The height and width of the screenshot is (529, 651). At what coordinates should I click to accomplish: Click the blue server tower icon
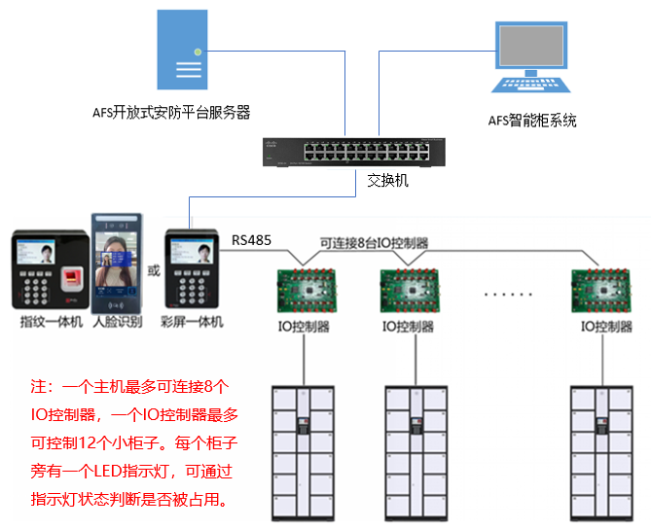click(x=182, y=51)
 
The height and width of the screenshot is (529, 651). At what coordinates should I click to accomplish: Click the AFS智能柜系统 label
click(x=532, y=121)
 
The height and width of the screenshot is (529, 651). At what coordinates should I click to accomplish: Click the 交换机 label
click(x=387, y=181)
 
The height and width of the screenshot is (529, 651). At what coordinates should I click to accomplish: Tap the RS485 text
click(x=252, y=238)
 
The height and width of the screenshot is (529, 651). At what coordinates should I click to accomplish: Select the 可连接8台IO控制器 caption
click(x=375, y=243)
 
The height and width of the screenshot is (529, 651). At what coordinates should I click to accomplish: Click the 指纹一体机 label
click(x=51, y=322)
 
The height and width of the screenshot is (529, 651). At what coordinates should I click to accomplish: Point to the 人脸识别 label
click(x=117, y=322)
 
